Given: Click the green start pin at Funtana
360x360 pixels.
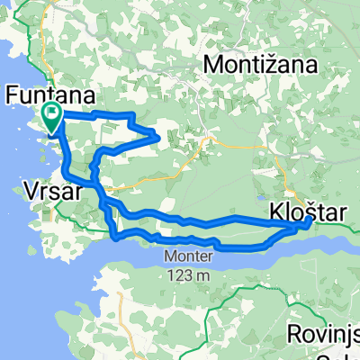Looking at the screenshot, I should (x=50, y=114).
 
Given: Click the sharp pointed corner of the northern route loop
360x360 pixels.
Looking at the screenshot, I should (x=159, y=137).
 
